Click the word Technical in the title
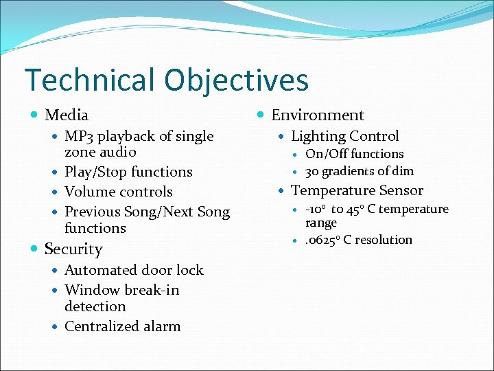pos(89,80)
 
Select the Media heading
pos(67,115)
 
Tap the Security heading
pos(73,249)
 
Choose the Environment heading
pos(318,115)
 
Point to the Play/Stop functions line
pos(128,172)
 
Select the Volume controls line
pos(118,192)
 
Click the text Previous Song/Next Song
pos(147,212)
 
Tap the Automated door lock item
pos(134,270)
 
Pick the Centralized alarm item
pos(122,326)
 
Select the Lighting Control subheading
pos(344,136)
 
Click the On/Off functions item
pos(354,154)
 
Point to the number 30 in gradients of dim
pos(312,171)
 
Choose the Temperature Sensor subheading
pos(357,190)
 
